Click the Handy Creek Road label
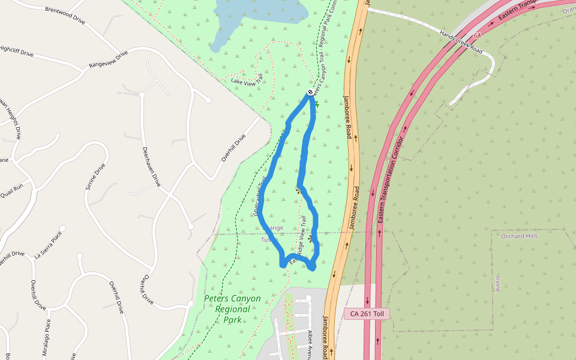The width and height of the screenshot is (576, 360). pos(460,42)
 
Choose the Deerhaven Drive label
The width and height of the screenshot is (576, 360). pos(151,166)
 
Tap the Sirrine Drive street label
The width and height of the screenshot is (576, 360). pos(95,177)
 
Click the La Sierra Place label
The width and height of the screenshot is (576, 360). pos(48,245)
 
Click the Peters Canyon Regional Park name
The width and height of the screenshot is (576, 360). pos(232,308)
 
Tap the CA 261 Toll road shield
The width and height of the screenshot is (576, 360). pos(367,314)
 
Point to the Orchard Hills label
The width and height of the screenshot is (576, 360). pos(519,236)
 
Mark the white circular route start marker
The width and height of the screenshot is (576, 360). pos(310,92)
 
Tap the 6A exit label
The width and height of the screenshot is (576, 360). pos(477,35)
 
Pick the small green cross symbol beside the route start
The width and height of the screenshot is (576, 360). pos(317,104)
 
